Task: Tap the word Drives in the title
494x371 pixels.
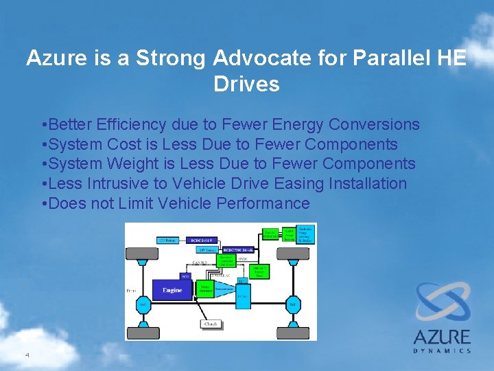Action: tap(246, 85)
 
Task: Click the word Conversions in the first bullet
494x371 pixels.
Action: tap(374, 124)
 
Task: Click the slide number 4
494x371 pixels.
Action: tap(27, 355)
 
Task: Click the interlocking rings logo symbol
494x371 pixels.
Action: tap(442, 302)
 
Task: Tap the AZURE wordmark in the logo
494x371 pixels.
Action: tap(442, 337)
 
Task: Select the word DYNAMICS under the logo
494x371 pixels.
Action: tap(442, 350)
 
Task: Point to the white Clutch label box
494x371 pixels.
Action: tap(211, 324)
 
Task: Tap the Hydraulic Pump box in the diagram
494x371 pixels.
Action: tap(305, 234)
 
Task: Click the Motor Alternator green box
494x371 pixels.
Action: tap(204, 289)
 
